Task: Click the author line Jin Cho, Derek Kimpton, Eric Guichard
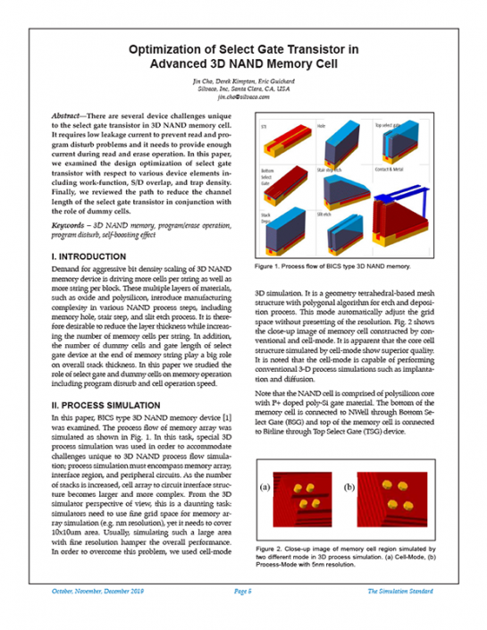(x=243, y=83)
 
